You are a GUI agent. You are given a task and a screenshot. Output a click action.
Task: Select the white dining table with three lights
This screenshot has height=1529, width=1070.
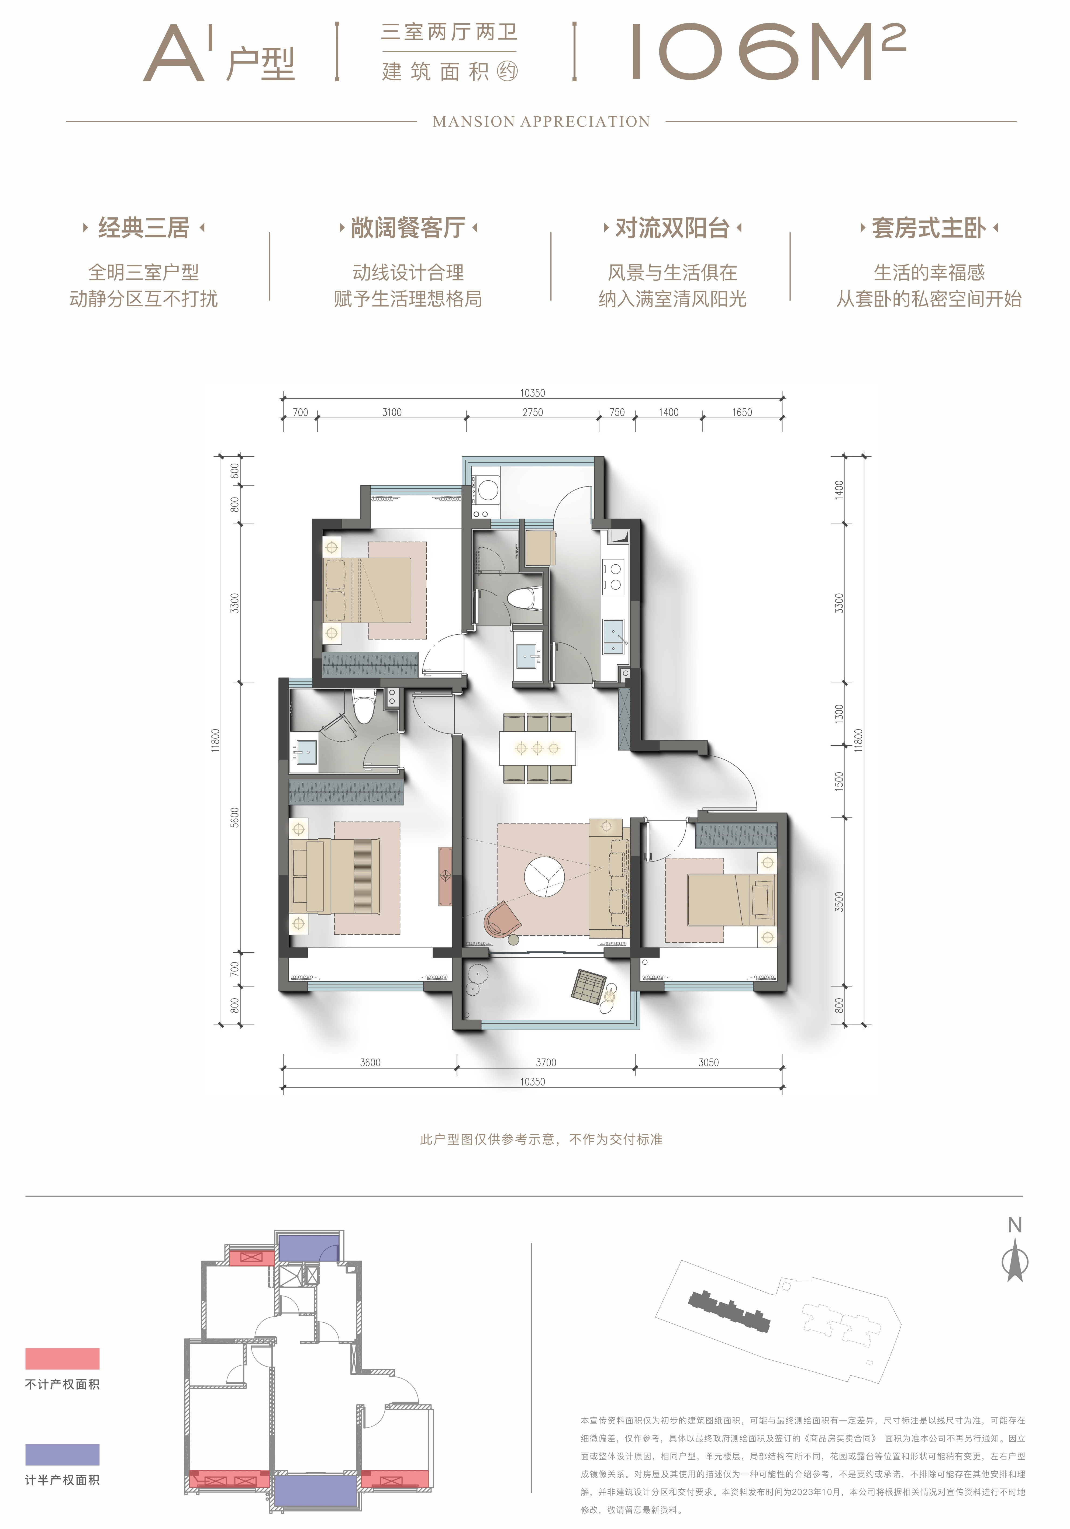537,748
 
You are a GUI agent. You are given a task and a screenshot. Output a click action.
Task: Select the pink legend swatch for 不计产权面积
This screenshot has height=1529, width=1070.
63,1358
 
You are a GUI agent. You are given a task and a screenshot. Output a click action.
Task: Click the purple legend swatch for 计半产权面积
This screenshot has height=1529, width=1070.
63,1454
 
